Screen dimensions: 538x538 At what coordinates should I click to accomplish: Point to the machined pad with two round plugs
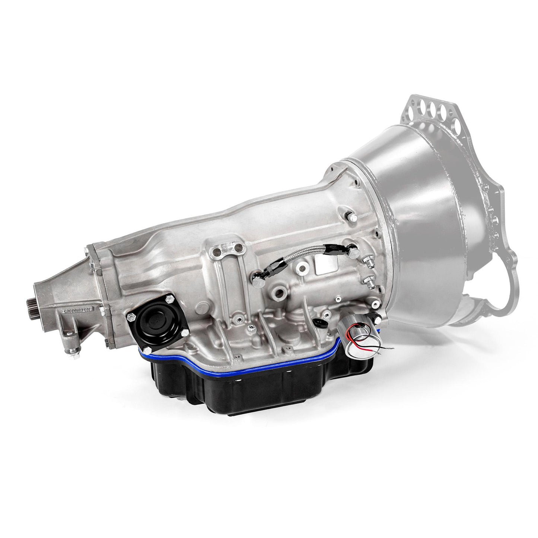(225, 248)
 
